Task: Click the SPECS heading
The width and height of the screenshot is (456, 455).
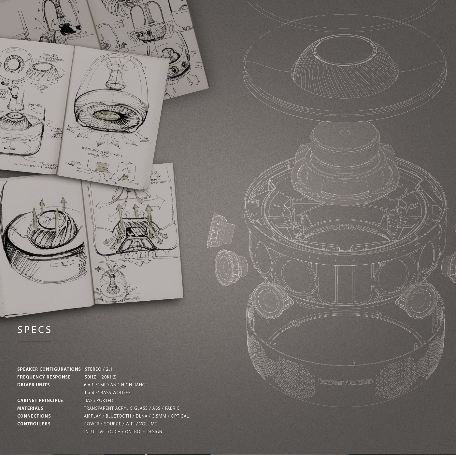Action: [x=35, y=330]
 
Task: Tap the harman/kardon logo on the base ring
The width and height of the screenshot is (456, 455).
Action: [x=345, y=382]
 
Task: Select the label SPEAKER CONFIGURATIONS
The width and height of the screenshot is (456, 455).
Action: [x=49, y=369]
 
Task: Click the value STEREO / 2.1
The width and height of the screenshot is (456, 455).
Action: [x=98, y=369]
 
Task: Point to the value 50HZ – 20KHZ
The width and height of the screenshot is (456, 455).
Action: [x=100, y=377]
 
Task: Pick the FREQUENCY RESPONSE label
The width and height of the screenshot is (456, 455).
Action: [x=44, y=377]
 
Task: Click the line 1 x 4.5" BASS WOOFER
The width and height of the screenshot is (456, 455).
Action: [x=107, y=393]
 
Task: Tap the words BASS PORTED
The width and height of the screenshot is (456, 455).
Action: [x=99, y=400]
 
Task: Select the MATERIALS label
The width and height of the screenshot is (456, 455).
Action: [x=30, y=408]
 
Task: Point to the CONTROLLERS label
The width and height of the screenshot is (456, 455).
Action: [x=34, y=424]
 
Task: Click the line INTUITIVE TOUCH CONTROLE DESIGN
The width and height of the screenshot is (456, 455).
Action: [x=123, y=432]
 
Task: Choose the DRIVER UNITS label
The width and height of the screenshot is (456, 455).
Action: [x=34, y=385]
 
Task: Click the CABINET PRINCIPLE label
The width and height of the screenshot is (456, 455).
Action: [x=40, y=400]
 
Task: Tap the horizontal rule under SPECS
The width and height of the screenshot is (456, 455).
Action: [x=35, y=342]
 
